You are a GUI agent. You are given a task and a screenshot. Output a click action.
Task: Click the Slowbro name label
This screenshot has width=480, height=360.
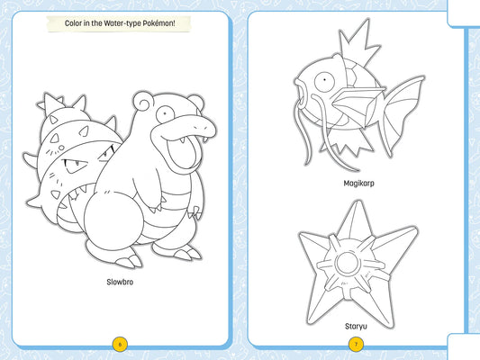120,282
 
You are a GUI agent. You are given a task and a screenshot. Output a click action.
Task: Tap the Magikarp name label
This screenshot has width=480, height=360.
358,184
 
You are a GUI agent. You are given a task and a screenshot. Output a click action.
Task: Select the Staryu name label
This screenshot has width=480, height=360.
356,327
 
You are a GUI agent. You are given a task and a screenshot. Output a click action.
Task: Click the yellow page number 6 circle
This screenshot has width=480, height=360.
120,345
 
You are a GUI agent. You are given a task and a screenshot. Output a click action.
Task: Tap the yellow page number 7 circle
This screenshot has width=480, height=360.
356,345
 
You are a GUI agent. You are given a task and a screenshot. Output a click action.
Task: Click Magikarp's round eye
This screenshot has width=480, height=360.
324,81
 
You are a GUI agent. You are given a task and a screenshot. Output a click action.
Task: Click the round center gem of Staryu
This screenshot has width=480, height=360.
348,263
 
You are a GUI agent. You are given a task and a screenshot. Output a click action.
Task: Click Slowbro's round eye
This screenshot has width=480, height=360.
165,114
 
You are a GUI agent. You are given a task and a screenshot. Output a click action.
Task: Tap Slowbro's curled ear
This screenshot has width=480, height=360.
141,101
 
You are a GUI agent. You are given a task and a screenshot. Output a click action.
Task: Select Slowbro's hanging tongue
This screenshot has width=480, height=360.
183,153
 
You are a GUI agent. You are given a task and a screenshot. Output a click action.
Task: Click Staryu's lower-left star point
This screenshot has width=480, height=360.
319,306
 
